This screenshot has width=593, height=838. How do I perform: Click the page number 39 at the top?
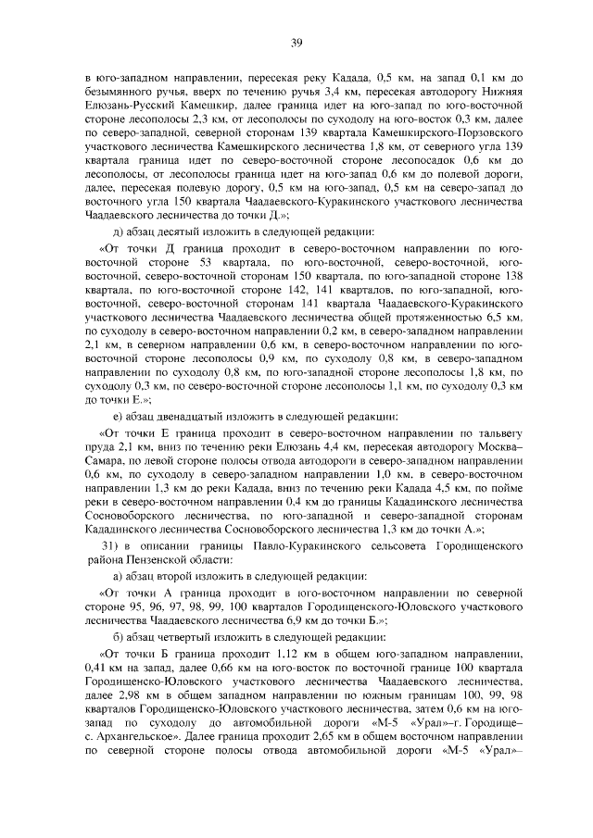296,42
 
